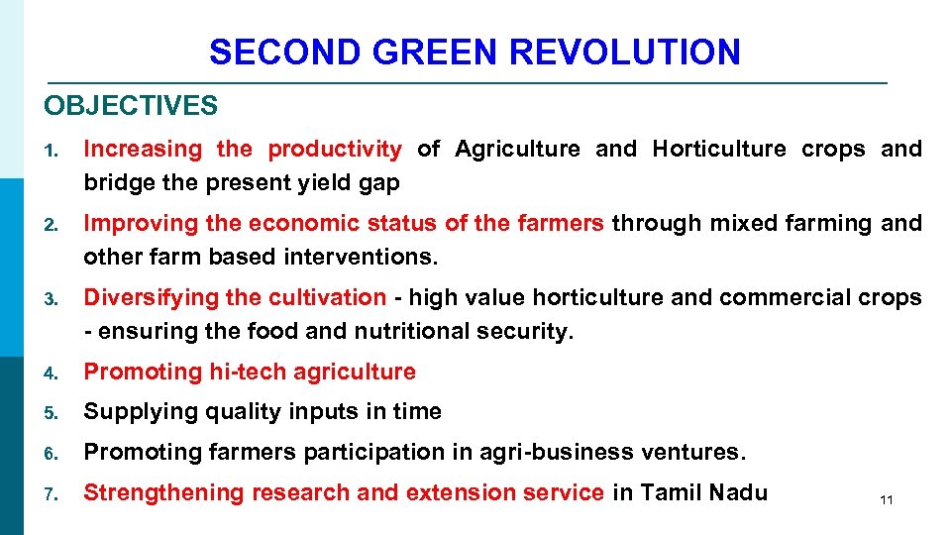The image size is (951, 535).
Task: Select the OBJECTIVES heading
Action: (x=131, y=105)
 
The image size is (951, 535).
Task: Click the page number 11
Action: (x=886, y=500)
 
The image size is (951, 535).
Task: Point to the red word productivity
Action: (x=335, y=150)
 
